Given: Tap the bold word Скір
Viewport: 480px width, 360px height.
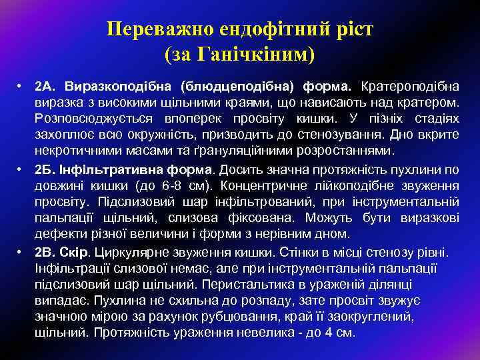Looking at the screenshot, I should coord(79,253).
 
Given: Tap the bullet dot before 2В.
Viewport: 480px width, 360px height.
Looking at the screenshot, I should coord(21,253).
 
